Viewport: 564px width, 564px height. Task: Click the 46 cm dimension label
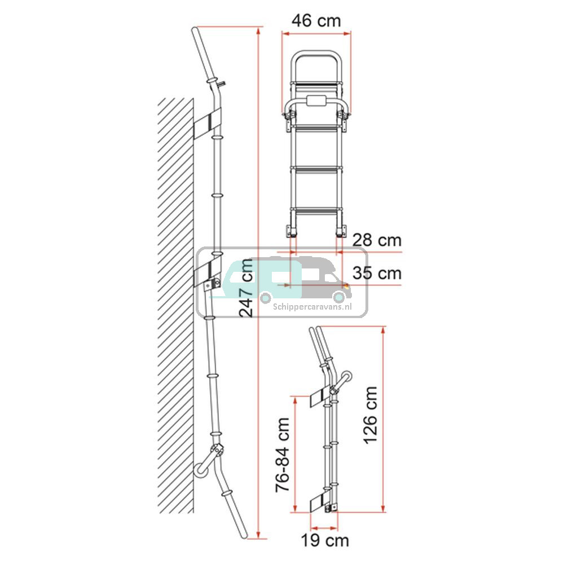click(x=316, y=21)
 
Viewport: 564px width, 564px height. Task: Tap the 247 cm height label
click(x=246, y=288)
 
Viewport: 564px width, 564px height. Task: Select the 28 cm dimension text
click(x=377, y=240)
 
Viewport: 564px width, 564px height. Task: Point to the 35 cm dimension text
click(x=377, y=274)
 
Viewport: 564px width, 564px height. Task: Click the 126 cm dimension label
click(x=371, y=416)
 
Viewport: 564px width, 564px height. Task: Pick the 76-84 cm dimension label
click(x=283, y=455)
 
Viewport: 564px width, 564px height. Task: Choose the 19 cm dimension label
click(x=325, y=541)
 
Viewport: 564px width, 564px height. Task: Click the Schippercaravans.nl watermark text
click(x=312, y=307)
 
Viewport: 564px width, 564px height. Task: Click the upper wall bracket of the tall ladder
click(x=208, y=124)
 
